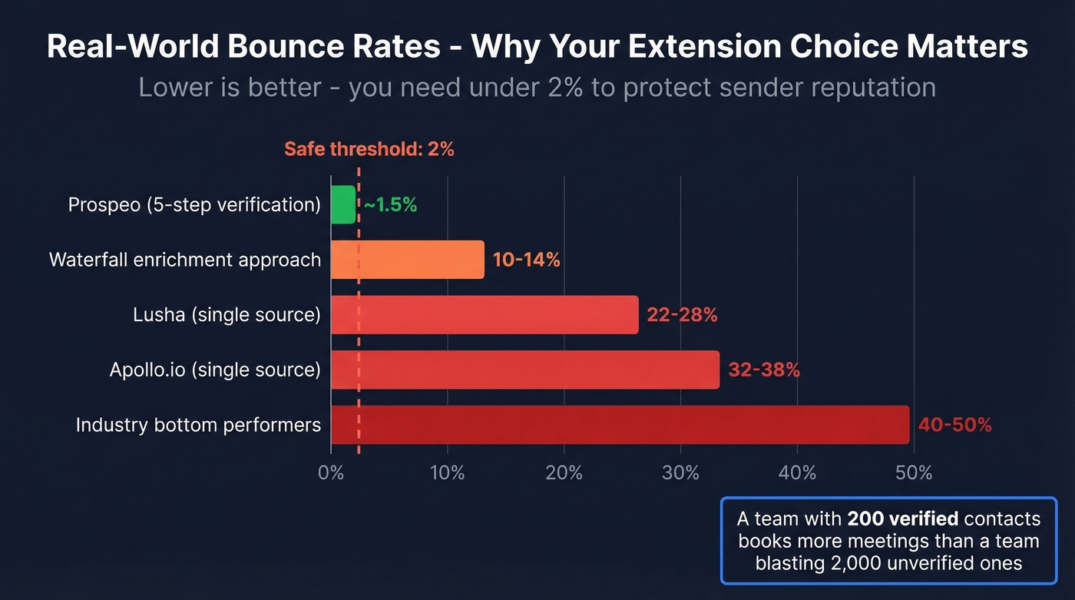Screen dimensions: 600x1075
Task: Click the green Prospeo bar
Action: coord(343,205)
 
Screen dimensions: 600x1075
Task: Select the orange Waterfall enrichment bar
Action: coord(408,260)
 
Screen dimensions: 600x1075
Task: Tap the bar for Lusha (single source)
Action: coord(485,315)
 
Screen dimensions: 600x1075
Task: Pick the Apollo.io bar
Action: coord(525,370)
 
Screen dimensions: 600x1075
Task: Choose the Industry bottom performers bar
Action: coord(620,425)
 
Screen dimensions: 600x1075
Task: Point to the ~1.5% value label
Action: coord(390,205)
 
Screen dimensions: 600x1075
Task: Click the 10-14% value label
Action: coord(527,260)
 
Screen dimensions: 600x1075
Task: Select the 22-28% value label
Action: coord(682,315)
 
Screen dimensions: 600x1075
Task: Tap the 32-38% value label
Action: coord(764,370)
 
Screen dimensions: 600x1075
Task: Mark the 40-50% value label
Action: coord(955,425)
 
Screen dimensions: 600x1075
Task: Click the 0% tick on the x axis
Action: coord(331,472)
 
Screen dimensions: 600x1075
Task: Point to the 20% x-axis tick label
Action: coord(564,472)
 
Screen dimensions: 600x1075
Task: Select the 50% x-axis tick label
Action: coord(914,472)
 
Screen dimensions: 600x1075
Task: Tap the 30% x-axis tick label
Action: coord(680,472)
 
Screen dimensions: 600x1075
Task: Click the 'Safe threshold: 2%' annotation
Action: coord(369,149)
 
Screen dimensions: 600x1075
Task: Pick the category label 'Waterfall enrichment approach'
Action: coord(185,260)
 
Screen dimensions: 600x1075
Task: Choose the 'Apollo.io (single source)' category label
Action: coord(215,370)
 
